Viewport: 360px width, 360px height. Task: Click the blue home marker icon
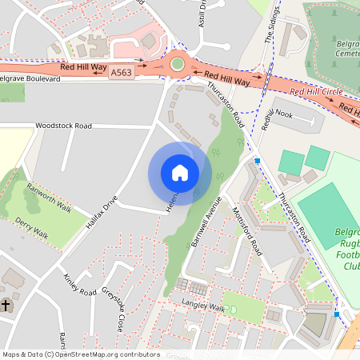coord(180,173)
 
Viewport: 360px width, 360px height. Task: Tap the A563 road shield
coord(122,73)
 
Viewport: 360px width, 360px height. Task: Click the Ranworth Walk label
coord(49,196)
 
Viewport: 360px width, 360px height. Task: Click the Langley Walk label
coord(203,305)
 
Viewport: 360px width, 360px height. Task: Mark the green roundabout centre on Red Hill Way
coord(178,63)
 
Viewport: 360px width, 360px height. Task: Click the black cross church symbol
coord(6,306)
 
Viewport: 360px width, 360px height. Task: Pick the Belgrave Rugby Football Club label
coord(346,248)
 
